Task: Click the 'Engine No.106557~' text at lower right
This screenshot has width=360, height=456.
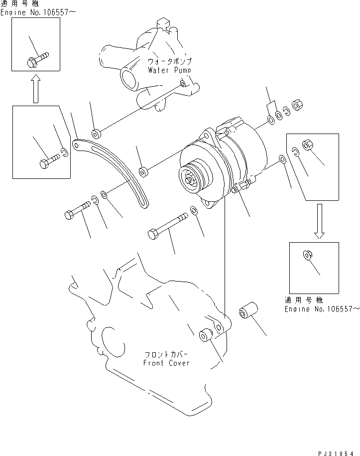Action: (x=322, y=309)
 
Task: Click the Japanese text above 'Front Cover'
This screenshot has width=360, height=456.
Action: (x=166, y=355)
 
